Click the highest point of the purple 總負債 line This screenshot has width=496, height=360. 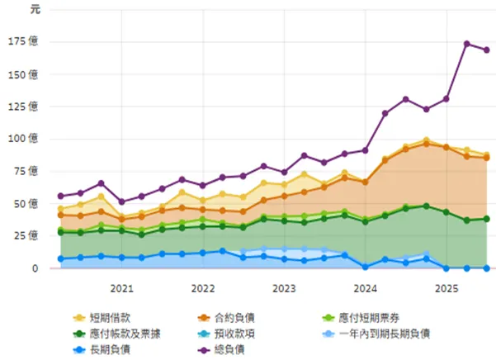(466, 44)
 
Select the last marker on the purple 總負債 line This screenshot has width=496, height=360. (486, 50)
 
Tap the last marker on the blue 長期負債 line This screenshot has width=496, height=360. (486, 268)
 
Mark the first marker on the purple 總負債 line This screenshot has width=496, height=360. (60, 197)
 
